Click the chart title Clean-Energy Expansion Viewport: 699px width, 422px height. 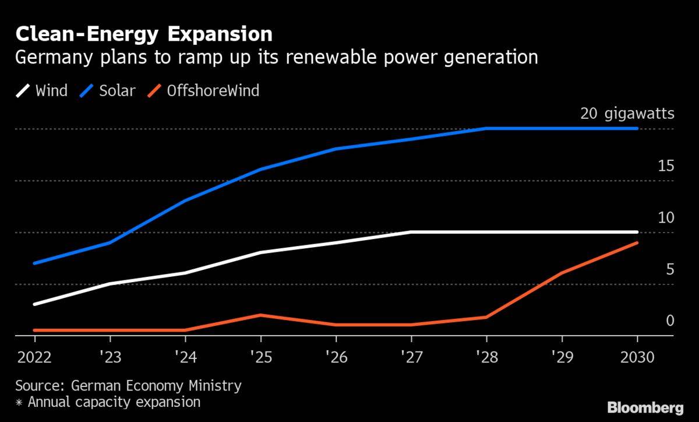point(144,34)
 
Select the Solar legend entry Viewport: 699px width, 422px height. point(112,91)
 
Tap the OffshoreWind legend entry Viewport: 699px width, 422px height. point(204,91)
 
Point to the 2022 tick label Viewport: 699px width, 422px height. point(34,357)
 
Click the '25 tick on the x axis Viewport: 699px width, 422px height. point(260,357)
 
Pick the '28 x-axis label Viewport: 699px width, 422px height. point(486,357)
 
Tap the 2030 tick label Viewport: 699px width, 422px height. point(637,357)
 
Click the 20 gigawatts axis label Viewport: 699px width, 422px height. point(627,114)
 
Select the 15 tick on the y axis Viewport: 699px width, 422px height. point(666,166)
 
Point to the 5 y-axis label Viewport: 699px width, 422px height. point(670,269)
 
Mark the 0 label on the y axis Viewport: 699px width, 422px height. point(670,321)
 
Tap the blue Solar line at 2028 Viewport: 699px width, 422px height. point(486,128)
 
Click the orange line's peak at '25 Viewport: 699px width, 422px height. point(260,315)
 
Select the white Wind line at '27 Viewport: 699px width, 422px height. point(411,232)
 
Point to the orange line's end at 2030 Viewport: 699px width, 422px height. point(637,242)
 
